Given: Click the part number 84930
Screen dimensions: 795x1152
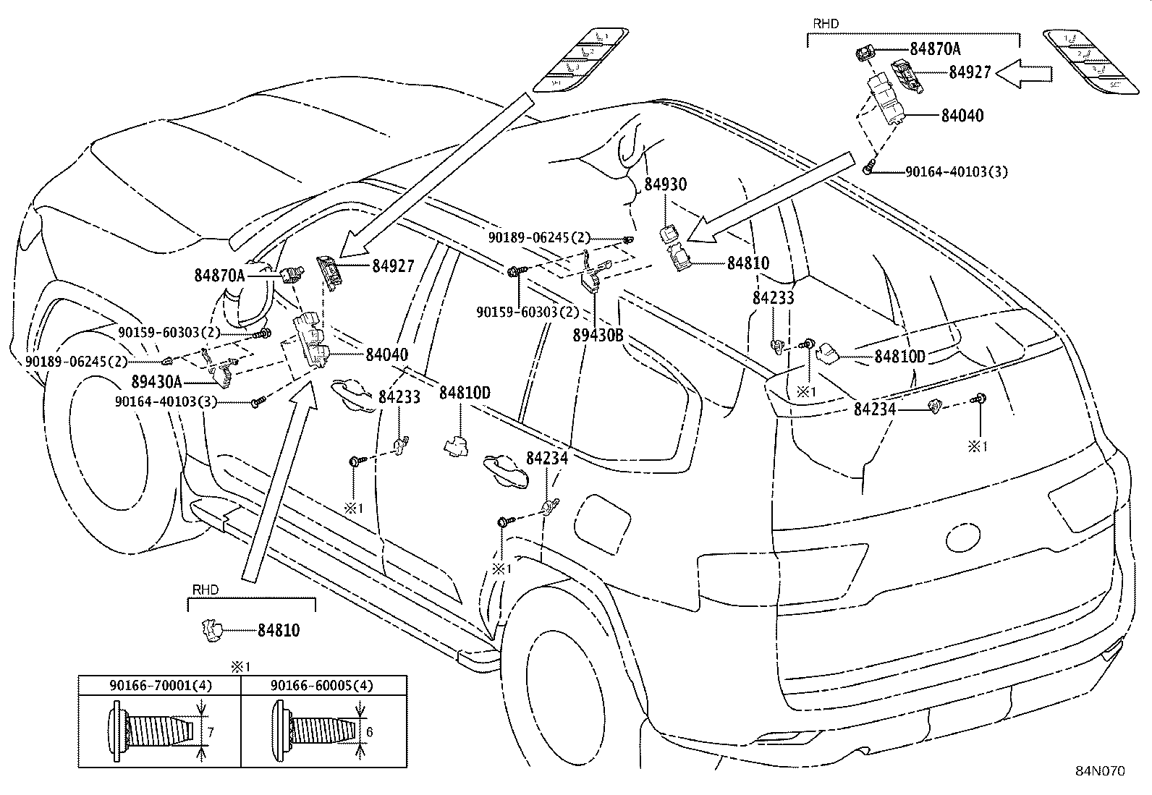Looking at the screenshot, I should [x=665, y=184].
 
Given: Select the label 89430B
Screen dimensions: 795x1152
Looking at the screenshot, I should [x=597, y=336].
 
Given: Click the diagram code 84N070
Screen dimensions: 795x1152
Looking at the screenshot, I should [x=1099, y=771].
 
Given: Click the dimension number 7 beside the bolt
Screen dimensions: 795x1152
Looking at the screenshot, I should [x=211, y=733].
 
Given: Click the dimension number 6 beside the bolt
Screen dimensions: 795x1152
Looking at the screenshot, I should [x=369, y=732].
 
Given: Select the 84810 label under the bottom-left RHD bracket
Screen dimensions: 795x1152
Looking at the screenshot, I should [x=279, y=631].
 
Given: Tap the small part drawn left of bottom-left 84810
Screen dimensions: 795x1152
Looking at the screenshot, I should [x=211, y=630].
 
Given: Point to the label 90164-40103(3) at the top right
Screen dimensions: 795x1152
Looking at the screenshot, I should [x=956, y=172].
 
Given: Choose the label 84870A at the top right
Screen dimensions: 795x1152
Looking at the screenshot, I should [x=935, y=48].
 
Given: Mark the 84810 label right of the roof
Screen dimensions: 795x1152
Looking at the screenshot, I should [x=748, y=263].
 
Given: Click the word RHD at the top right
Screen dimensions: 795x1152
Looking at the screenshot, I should [x=826, y=23].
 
